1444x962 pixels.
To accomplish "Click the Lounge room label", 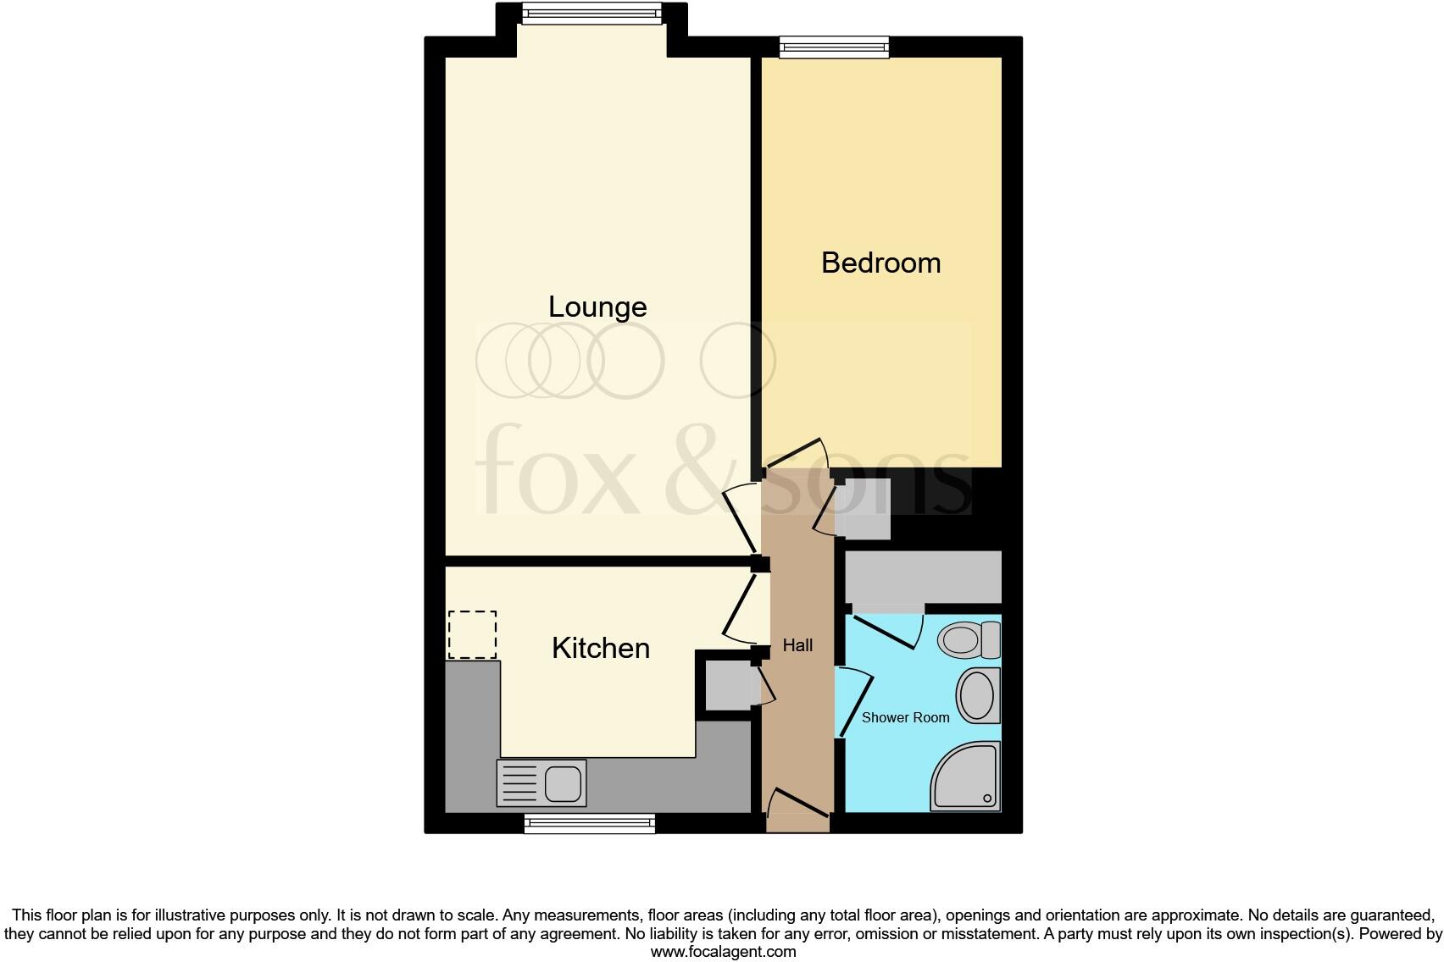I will [x=597, y=307].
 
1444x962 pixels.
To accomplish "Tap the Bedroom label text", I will [x=880, y=263].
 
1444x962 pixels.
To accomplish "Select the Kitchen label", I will [x=600, y=648].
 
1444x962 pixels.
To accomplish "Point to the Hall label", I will [x=797, y=645].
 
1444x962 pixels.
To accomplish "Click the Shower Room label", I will [x=905, y=717].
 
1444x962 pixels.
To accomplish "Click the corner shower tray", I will [x=969, y=778].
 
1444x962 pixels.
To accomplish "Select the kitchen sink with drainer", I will [x=541, y=782].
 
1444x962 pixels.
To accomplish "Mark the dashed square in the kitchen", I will [x=472, y=634].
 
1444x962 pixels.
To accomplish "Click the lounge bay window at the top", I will [x=591, y=12].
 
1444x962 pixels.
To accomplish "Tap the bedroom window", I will [x=834, y=47].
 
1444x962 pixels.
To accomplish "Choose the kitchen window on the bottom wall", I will [x=590, y=823].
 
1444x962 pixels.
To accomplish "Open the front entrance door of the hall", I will [x=797, y=809].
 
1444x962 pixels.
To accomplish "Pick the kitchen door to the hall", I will [x=741, y=607].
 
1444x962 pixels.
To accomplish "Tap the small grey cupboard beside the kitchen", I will [x=727, y=687].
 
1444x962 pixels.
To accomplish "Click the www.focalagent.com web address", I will [x=723, y=951].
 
